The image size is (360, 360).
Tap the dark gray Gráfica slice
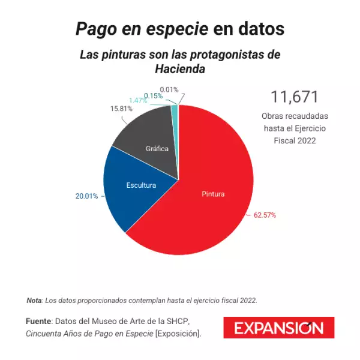point(150,144)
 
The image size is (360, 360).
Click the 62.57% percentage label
point(265,215)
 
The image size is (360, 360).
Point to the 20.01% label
point(87,196)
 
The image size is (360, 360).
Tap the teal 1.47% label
point(138,100)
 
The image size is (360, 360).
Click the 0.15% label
point(153,95)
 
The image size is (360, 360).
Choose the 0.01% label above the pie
point(169,89)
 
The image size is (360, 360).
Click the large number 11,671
point(294,97)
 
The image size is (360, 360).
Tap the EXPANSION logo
point(278,328)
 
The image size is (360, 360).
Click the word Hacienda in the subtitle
point(180,69)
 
